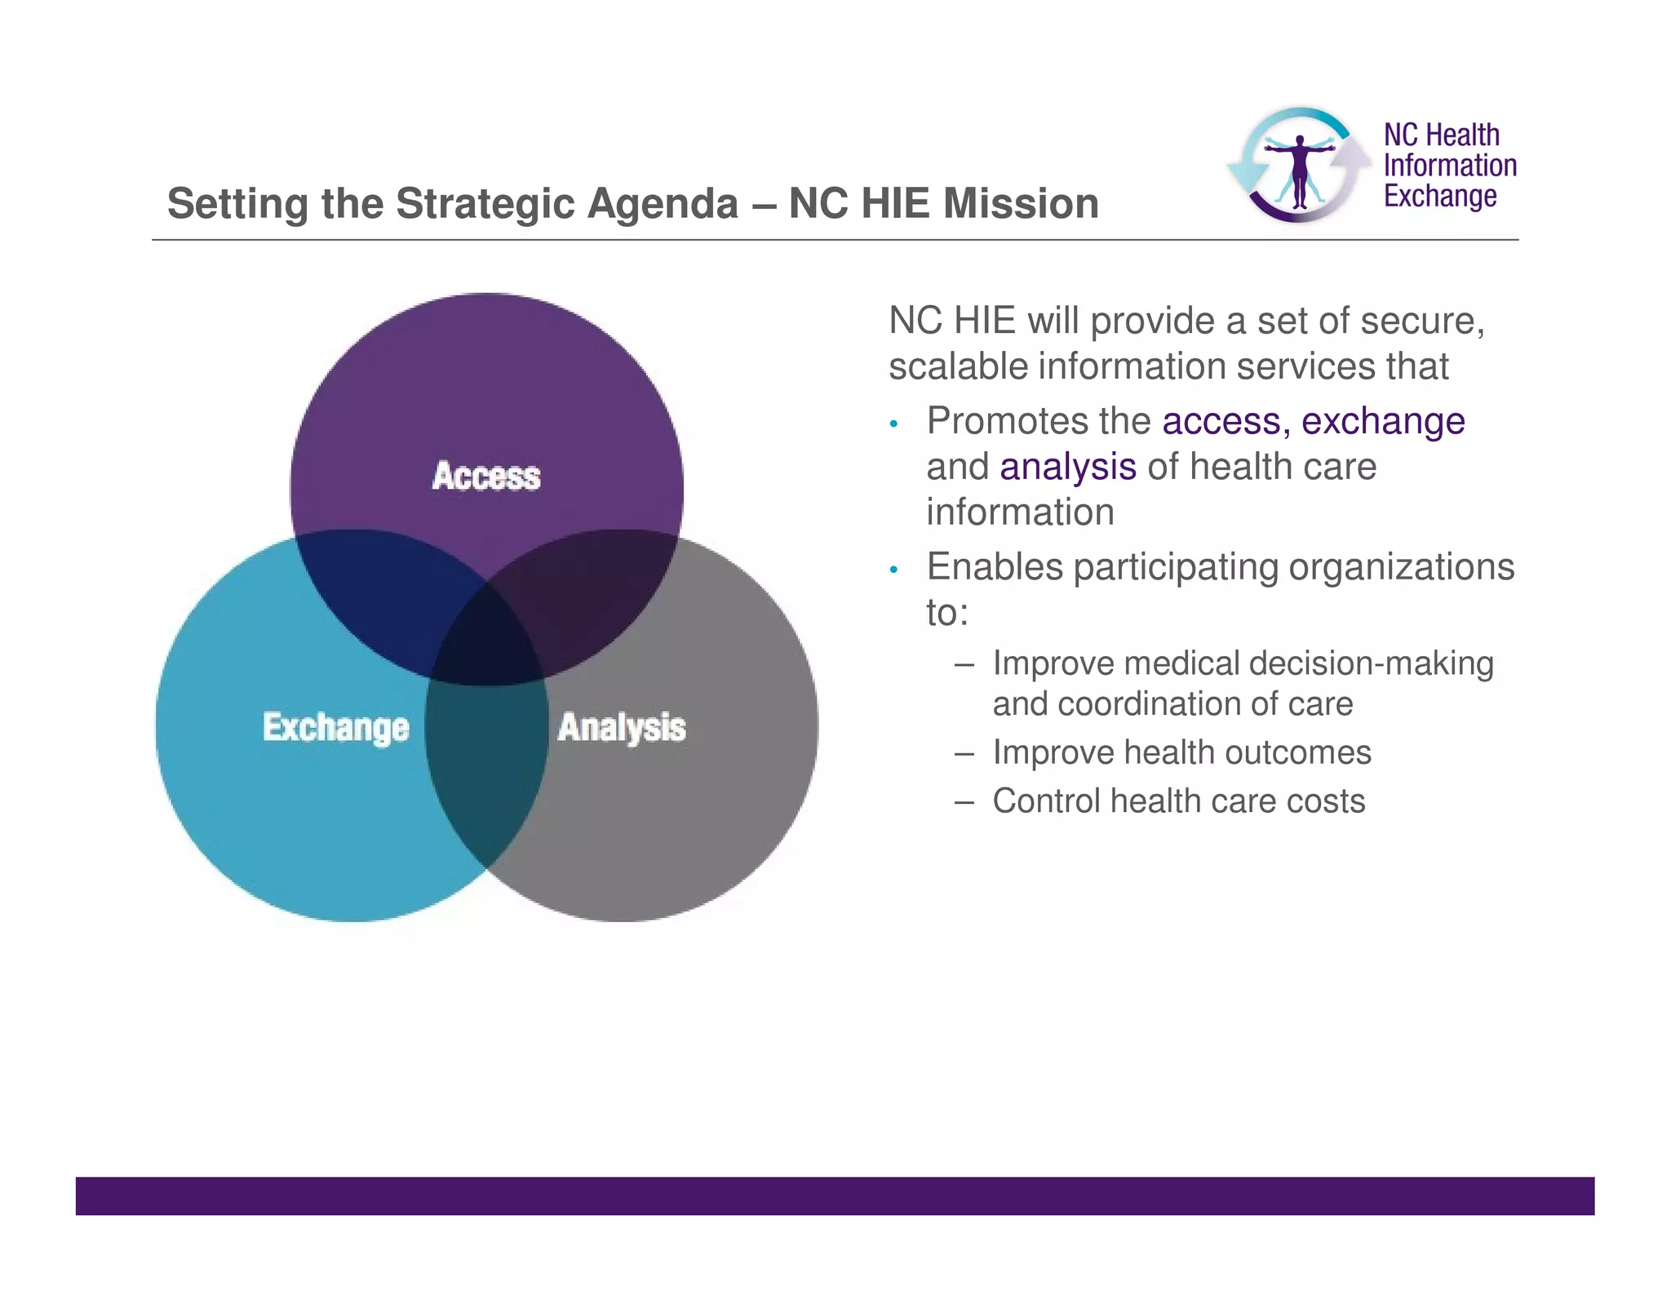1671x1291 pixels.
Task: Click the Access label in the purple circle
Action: pyautogui.click(x=486, y=477)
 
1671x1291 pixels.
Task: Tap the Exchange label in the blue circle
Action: pyautogui.click(x=335, y=727)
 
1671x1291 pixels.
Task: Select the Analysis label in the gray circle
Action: pyautogui.click(x=622, y=727)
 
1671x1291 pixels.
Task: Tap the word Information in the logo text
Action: pyautogui.click(x=1450, y=166)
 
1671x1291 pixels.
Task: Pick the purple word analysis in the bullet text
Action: pyautogui.click(x=1068, y=467)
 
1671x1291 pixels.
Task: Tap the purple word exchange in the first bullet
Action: pyautogui.click(x=1383, y=421)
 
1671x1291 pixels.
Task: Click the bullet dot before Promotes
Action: pyautogui.click(x=894, y=424)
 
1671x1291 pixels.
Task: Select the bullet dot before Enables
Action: pyautogui.click(x=894, y=570)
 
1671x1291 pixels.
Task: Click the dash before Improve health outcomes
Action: pyautogui.click(x=964, y=753)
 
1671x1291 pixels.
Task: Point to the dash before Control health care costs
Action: pyautogui.click(x=964, y=802)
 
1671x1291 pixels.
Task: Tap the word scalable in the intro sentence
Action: pyautogui.click(x=957, y=366)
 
